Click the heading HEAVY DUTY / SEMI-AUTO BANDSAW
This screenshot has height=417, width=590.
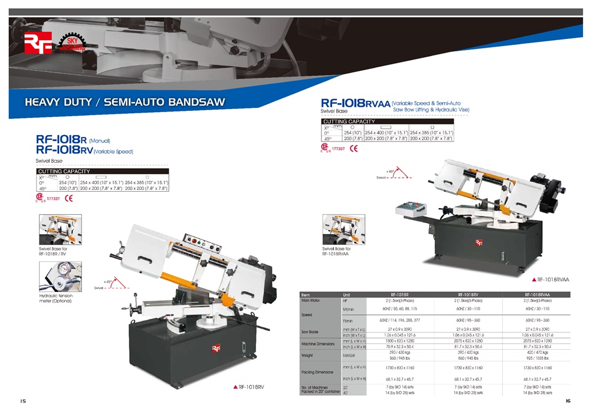(x=124, y=101)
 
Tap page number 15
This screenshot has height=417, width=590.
(x=23, y=401)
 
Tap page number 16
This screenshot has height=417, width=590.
(x=568, y=401)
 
